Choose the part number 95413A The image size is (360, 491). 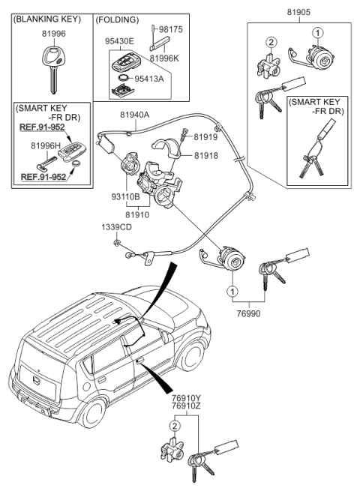(150, 78)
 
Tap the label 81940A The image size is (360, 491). (135, 115)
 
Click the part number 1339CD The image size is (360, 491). (116, 226)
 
